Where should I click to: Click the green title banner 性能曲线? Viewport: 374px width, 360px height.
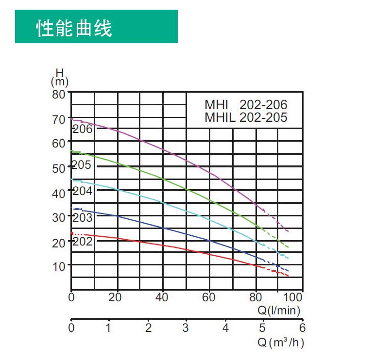click(96, 27)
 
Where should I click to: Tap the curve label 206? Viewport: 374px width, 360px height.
click(82, 129)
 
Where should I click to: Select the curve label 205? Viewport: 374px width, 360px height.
click(81, 165)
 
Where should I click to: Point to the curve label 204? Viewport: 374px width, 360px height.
click(82, 191)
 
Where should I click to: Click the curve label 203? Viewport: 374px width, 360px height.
click(82, 217)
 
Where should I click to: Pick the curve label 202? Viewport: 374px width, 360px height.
click(82, 241)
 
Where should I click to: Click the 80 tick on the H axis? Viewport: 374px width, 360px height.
click(59, 94)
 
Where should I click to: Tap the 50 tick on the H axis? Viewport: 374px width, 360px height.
click(59, 168)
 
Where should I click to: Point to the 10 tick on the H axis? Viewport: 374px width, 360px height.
click(59, 266)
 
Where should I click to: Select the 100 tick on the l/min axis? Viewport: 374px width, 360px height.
click(295, 297)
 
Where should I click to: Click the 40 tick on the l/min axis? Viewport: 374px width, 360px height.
click(163, 297)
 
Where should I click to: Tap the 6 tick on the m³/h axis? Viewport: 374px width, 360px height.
click(302, 328)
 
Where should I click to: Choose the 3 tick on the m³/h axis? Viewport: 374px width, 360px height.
click(185, 328)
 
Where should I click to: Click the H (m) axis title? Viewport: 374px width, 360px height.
click(59, 78)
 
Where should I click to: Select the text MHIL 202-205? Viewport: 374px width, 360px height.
click(246, 117)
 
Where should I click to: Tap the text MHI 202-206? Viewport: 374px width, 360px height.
click(246, 105)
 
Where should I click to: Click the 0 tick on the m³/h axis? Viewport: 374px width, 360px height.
click(71, 328)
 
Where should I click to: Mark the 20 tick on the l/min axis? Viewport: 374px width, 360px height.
click(115, 297)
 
